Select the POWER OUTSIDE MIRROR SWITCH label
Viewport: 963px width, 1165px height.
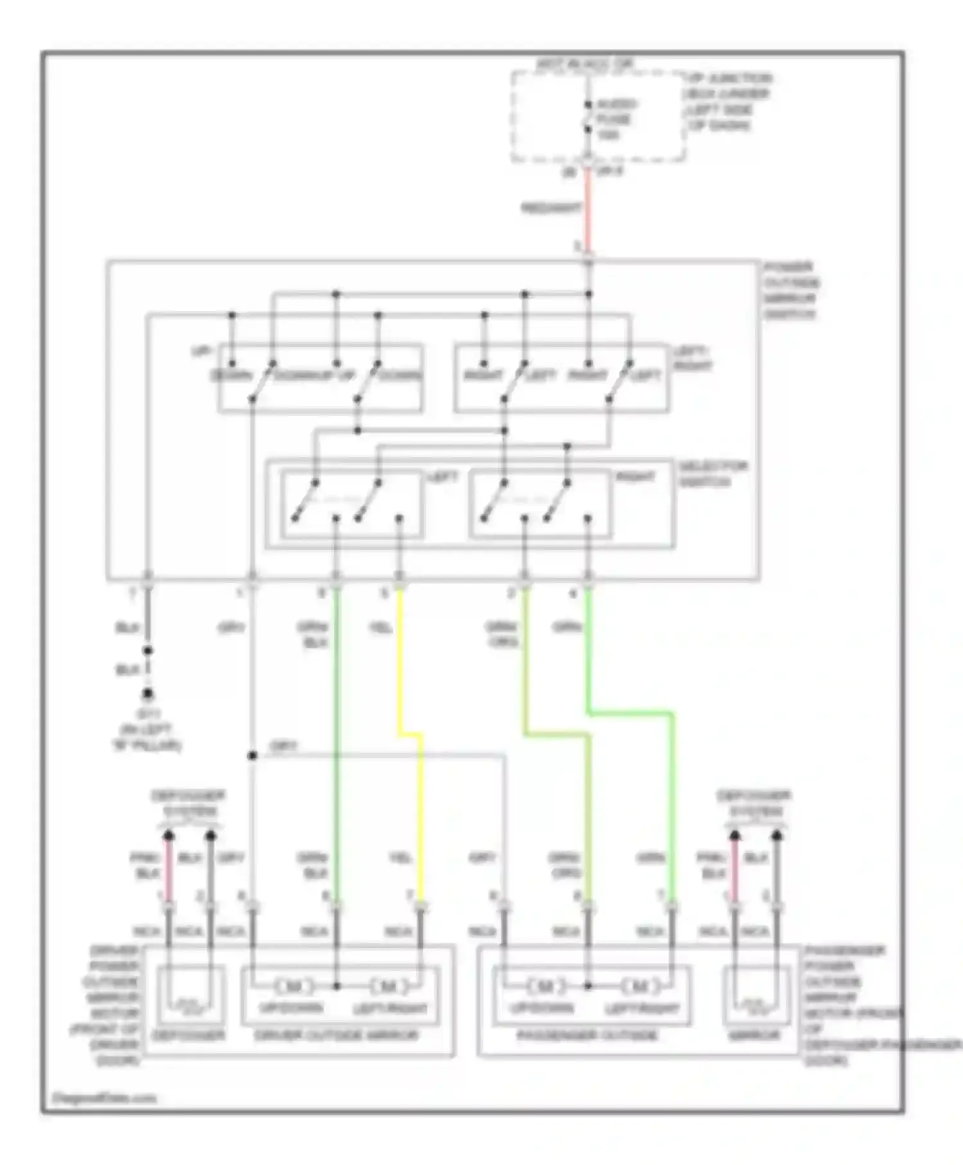[790, 290]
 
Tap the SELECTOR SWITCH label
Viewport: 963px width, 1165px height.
[713, 474]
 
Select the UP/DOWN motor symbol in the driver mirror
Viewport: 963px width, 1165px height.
[293, 986]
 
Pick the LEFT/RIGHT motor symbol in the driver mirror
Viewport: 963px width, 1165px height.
[388, 986]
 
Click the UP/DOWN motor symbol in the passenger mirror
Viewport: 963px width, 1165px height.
[545, 986]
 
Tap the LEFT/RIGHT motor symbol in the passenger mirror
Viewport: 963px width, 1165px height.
[639, 986]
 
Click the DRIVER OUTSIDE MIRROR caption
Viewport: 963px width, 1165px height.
[336, 1035]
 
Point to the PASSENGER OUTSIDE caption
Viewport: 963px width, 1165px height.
[587, 1035]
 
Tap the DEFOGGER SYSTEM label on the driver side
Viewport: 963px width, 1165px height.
[188, 803]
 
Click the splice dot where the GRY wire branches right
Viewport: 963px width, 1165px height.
[252, 756]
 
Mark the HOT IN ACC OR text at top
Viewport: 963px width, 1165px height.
[584, 64]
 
